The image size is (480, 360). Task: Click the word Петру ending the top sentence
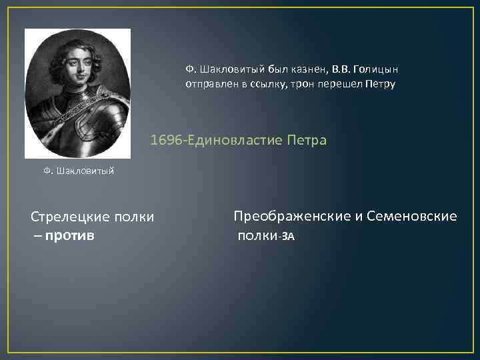coord(379,84)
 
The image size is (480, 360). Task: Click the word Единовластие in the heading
coord(235,141)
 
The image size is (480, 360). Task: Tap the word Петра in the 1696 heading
coord(306,141)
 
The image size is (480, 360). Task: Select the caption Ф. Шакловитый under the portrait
coord(79,171)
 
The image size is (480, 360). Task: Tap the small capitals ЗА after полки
coord(287,236)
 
